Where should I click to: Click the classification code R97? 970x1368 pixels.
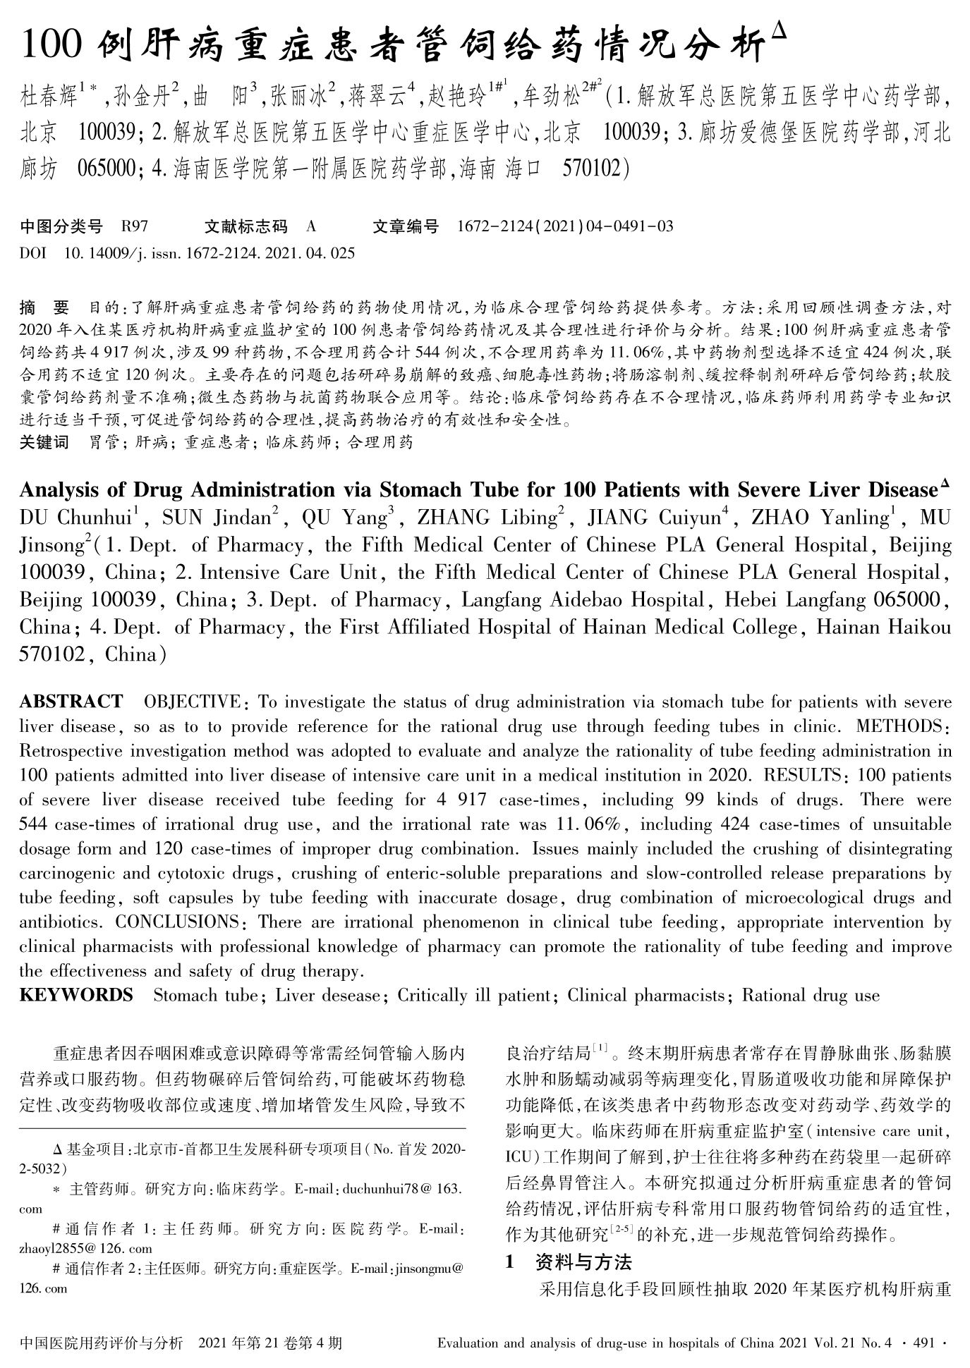point(134,226)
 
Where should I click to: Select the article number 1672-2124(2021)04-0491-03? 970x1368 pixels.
point(565,226)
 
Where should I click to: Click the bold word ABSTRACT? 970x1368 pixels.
point(71,702)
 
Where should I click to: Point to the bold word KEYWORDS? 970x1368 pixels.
point(76,995)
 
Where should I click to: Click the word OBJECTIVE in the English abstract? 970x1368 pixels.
point(192,702)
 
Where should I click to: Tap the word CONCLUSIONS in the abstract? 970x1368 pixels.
point(177,922)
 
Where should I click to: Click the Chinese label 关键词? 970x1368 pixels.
point(44,442)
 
